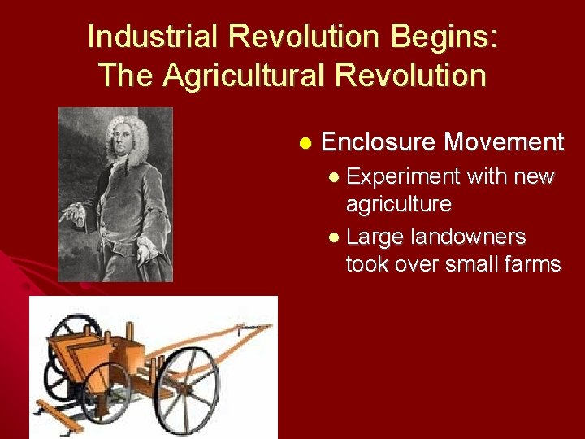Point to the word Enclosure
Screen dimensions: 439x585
click(x=379, y=142)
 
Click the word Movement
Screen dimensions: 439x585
click(x=504, y=142)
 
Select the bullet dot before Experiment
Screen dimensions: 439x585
click(x=336, y=177)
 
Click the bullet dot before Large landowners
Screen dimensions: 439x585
click(x=336, y=237)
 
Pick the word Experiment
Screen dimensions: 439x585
click(x=405, y=176)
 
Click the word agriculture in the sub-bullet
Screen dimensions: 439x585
click(x=399, y=203)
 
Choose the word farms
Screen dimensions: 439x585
click(x=532, y=264)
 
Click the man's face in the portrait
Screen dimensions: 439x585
click(x=118, y=134)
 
